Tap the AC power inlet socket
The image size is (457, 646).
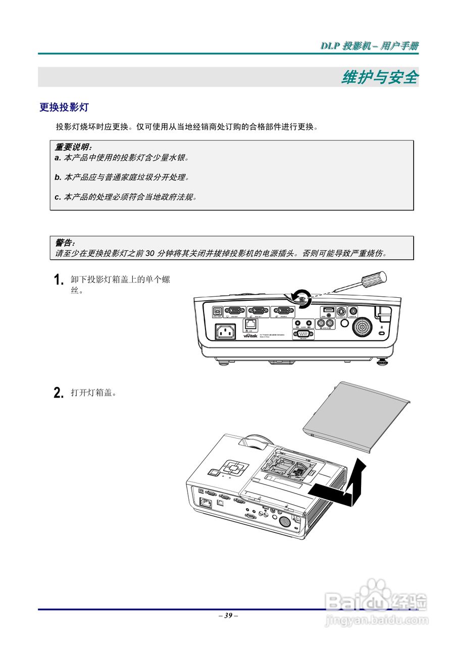225,332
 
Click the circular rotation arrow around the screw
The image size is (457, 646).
301,298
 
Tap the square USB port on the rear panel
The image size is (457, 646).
218,311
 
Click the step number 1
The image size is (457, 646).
59,280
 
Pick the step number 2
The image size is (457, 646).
59,393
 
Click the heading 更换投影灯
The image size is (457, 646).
64,107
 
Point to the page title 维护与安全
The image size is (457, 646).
380,77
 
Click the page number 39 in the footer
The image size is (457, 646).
228,616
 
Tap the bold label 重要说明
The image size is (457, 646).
73,147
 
